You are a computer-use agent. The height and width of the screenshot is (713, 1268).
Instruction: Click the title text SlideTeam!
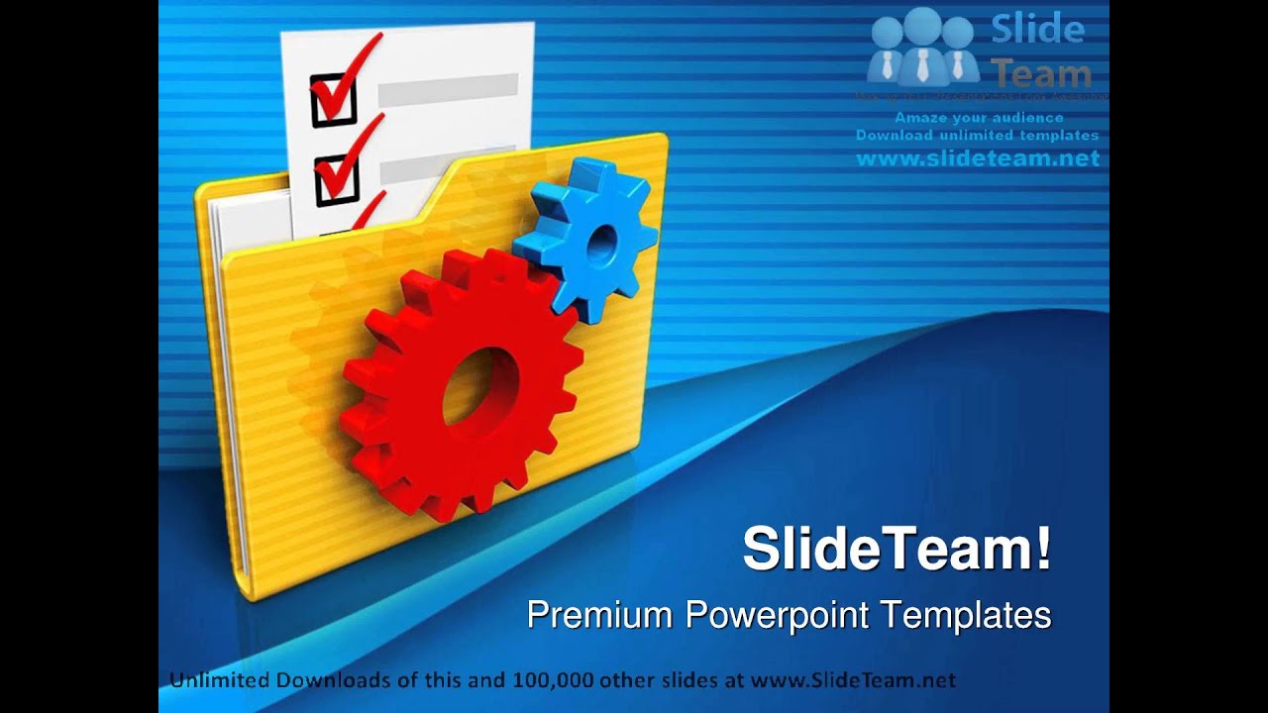[x=897, y=549]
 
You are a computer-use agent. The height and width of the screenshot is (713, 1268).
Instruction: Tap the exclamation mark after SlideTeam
[x=1043, y=549]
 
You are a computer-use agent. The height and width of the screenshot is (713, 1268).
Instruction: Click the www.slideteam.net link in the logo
[x=978, y=158]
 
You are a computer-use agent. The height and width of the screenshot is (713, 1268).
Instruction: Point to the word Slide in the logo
[x=1037, y=30]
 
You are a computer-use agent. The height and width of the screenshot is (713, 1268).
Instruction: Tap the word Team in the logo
[x=1041, y=72]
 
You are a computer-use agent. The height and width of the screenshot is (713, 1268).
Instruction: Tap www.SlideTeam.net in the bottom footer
[x=853, y=680]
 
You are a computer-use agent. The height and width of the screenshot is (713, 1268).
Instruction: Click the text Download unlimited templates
[x=977, y=135]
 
